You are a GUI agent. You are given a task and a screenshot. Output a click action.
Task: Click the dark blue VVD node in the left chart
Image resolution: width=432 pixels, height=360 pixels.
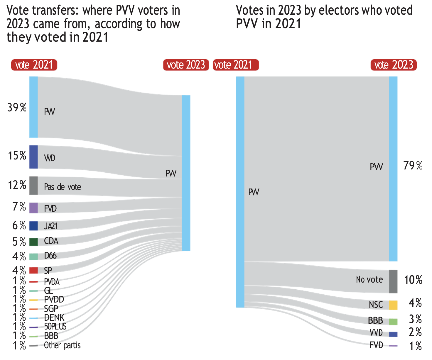tap(33, 157)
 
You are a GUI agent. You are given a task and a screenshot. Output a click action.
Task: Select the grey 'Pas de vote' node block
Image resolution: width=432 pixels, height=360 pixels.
tap(33, 186)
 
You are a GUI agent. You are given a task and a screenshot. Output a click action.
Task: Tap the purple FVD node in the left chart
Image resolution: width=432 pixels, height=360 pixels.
tap(33, 208)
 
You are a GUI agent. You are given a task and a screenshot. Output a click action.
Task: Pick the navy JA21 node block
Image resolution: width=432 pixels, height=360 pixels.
tap(33, 226)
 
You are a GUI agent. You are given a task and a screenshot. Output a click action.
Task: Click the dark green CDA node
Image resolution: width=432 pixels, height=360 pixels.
tap(33, 242)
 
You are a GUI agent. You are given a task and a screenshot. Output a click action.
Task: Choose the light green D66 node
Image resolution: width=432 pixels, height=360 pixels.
tap(33, 257)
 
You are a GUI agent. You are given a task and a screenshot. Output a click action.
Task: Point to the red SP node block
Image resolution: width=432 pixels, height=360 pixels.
tap(33, 270)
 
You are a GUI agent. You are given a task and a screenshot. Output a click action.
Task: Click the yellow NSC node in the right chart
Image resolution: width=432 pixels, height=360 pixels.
tap(393, 305)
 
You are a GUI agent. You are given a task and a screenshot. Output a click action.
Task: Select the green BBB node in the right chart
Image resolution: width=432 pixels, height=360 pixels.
tap(393, 321)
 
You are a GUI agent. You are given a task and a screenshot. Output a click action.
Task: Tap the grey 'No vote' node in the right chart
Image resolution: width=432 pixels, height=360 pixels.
tap(393, 281)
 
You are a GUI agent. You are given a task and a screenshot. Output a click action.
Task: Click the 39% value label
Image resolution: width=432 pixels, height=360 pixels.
tap(17, 108)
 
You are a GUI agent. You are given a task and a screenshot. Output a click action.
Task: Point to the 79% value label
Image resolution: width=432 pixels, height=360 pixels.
tap(413, 166)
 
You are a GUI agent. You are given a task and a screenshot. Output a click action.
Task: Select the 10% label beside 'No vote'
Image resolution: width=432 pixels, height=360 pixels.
tap(413, 280)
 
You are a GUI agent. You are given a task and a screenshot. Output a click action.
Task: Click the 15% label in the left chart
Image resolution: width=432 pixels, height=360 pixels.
tap(17, 156)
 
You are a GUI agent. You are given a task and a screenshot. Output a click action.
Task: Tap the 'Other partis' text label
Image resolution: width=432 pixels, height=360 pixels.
tap(62, 345)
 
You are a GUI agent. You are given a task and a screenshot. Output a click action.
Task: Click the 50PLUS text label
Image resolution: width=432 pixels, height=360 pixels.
tap(55, 326)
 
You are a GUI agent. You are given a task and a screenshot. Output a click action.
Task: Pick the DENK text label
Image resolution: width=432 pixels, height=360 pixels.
tap(54, 317)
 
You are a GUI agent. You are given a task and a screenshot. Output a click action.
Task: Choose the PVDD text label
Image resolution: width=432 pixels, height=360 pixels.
tap(54, 300)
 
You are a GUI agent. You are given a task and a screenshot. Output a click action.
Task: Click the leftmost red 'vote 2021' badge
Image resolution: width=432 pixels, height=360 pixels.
tap(34, 65)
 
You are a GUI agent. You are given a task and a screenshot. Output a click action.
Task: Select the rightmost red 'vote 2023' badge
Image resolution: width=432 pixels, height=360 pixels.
tap(394, 65)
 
